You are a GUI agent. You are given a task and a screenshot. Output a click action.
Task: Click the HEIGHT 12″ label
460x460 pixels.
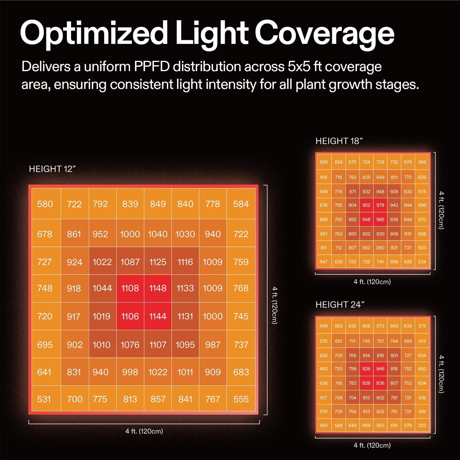(52, 169)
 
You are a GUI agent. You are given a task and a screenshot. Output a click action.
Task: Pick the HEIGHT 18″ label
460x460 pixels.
(339, 141)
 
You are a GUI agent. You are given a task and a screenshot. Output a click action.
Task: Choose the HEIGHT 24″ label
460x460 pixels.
(340, 305)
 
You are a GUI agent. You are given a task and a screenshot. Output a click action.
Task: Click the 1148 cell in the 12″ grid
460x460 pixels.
(158, 288)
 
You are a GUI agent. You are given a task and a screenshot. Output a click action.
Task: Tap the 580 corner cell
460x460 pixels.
(45, 204)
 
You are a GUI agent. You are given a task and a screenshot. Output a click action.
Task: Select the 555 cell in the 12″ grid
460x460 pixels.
(241, 399)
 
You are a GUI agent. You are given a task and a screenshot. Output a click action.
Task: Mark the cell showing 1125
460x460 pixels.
(158, 262)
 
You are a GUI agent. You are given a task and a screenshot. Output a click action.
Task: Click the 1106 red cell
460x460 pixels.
(130, 316)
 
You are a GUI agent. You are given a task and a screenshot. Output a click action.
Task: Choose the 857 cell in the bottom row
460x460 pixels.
(158, 399)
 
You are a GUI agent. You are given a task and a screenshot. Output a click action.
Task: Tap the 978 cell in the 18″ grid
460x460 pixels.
(380, 205)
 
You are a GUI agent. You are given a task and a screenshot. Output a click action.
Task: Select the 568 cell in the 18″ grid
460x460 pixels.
(324, 162)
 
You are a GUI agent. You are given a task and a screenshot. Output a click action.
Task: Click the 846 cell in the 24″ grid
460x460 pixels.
(380, 369)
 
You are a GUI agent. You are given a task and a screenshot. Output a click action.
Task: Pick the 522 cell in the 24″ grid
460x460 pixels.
(422, 425)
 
